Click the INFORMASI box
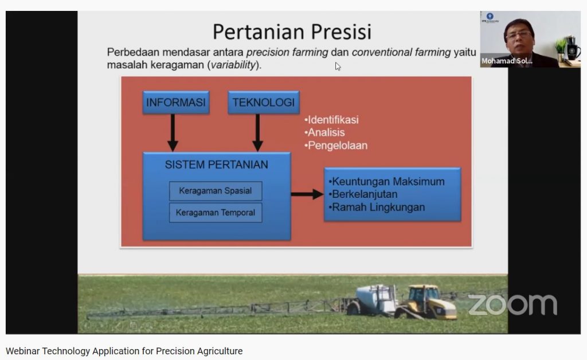point(176,102)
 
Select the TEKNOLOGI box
point(264,102)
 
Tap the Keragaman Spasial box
point(216,191)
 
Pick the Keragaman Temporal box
point(216,213)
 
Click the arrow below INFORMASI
point(173,133)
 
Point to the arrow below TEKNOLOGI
point(257,133)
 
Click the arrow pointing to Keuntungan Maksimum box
point(307,194)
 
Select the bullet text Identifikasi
point(332,120)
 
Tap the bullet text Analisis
point(324,132)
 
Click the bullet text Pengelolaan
point(336,146)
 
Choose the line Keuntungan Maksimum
point(387,182)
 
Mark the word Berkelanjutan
point(365,194)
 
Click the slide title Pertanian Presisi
point(292,32)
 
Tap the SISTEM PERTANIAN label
point(216,165)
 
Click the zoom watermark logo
point(512,304)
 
